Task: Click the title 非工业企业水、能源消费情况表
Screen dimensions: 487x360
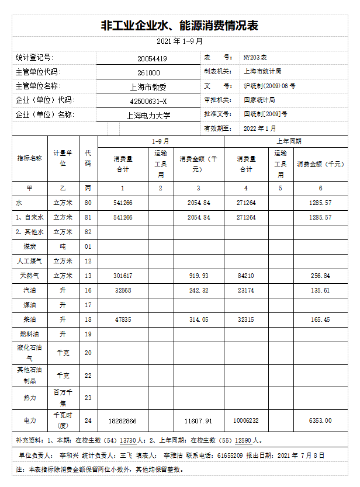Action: [x=179, y=26]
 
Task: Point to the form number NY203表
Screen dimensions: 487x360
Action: [x=255, y=58]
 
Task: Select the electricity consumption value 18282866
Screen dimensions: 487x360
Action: [x=123, y=420]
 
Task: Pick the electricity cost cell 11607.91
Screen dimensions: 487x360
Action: [x=198, y=420]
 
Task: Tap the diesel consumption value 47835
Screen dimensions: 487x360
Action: [x=123, y=319]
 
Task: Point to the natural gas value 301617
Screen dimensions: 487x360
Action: [x=123, y=276]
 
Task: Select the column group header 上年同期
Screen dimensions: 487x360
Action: [x=289, y=142]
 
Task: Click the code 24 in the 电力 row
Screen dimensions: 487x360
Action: [x=88, y=420]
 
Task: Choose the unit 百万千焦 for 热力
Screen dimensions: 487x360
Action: [x=63, y=397]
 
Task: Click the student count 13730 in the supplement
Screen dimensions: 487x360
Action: [x=128, y=441]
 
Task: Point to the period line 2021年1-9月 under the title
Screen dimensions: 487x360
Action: [x=179, y=41]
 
